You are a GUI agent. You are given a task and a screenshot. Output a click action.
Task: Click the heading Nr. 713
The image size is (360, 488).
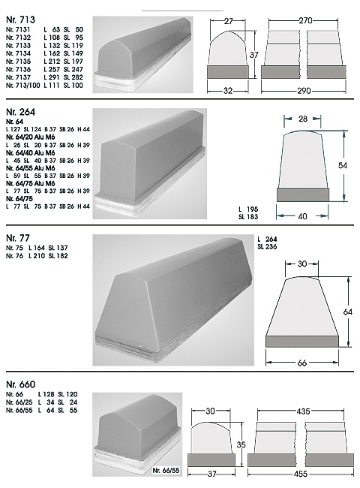(20, 20)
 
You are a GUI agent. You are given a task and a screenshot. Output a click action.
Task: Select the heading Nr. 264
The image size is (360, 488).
(21, 112)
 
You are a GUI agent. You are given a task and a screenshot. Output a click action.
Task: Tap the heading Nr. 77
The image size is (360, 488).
(18, 238)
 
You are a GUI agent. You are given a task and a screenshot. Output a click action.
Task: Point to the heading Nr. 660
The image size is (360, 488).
(21, 384)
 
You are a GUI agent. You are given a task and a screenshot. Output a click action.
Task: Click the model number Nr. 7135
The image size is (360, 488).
(18, 62)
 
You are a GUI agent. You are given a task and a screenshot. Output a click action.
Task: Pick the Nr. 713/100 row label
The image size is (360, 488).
(23, 86)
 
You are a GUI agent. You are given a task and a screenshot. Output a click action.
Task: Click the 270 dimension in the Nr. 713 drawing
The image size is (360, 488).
(305, 20)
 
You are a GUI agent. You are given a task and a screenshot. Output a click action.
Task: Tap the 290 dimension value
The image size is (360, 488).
(304, 91)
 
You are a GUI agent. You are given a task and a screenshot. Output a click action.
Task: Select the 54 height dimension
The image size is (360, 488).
(343, 166)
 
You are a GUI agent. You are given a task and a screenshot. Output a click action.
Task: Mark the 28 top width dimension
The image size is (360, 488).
(302, 119)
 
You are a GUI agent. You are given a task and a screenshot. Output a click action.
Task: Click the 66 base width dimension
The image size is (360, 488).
(302, 363)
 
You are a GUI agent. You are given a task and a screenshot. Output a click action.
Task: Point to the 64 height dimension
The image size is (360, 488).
(348, 312)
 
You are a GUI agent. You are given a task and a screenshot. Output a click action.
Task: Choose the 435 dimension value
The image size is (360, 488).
(304, 411)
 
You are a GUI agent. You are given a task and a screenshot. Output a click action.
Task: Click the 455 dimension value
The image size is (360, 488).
(301, 474)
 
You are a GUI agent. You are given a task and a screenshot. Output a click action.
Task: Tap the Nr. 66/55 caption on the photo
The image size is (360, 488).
(166, 470)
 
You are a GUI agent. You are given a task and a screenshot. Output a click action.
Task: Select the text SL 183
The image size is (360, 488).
(248, 217)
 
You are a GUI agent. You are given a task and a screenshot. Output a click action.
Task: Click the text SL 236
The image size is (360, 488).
(267, 247)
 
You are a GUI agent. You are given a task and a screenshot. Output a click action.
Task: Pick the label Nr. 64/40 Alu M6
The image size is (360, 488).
(31, 153)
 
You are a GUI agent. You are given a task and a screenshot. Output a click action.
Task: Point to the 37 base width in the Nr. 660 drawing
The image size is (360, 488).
(211, 474)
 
